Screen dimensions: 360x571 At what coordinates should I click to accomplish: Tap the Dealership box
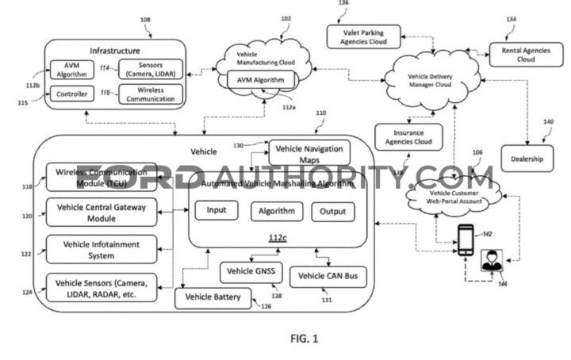pos(527,159)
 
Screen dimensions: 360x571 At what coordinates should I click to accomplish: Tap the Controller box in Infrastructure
pos(71,94)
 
